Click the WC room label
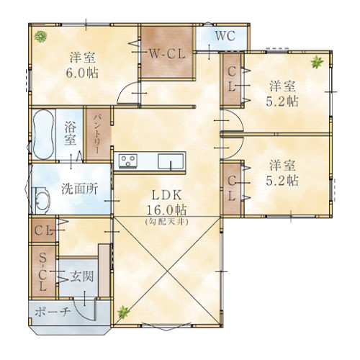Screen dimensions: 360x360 click(x=225, y=36)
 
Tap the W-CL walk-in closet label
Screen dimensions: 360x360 click(x=167, y=54)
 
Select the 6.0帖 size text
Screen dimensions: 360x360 click(x=82, y=73)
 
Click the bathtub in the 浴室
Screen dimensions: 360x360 click(x=43, y=134)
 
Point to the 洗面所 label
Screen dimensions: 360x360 click(x=80, y=189)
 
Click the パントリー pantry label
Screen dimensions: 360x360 click(x=97, y=134)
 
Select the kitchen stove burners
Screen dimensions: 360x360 click(x=128, y=161)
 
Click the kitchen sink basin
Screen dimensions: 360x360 click(x=171, y=161)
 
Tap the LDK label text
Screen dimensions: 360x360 click(x=167, y=196)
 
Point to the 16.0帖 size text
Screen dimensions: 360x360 click(x=166, y=210)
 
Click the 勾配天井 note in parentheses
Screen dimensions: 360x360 click(x=167, y=222)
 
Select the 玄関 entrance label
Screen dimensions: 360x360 click(x=82, y=276)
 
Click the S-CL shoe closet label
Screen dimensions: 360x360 click(x=42, y=272)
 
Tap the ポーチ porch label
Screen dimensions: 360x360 click(x=53, y=312)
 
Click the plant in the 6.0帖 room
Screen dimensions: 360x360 click(x=40, y=37)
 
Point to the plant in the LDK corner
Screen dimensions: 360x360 click(x=123, y=312)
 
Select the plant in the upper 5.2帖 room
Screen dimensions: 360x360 click(x=317, y=62)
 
